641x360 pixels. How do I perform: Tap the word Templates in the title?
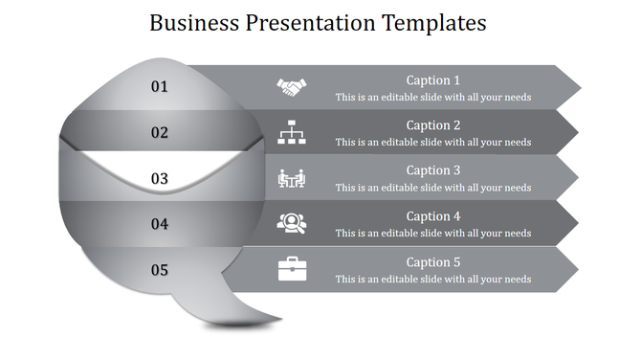point(434,23)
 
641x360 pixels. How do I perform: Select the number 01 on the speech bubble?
point(160,87)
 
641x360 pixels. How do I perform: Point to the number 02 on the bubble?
point(160,133)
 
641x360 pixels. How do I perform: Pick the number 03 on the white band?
point(160,178)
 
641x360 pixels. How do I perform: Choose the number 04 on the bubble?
point(160,224)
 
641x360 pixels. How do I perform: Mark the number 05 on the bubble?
point(160,270)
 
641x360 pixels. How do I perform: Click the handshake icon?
point(292,87)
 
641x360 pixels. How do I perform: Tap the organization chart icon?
point(292,132)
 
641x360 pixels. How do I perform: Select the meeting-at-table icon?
point(292,178)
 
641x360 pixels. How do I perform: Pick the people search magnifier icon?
point(292,223)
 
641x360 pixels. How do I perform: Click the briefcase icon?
point(292,269)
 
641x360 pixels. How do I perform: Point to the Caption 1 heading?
point(433,80)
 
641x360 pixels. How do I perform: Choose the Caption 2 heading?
point(433,125)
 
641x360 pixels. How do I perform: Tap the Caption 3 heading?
point(433,170)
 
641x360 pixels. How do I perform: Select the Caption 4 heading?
point(433,216)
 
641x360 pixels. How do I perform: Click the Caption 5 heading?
point(433,262)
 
